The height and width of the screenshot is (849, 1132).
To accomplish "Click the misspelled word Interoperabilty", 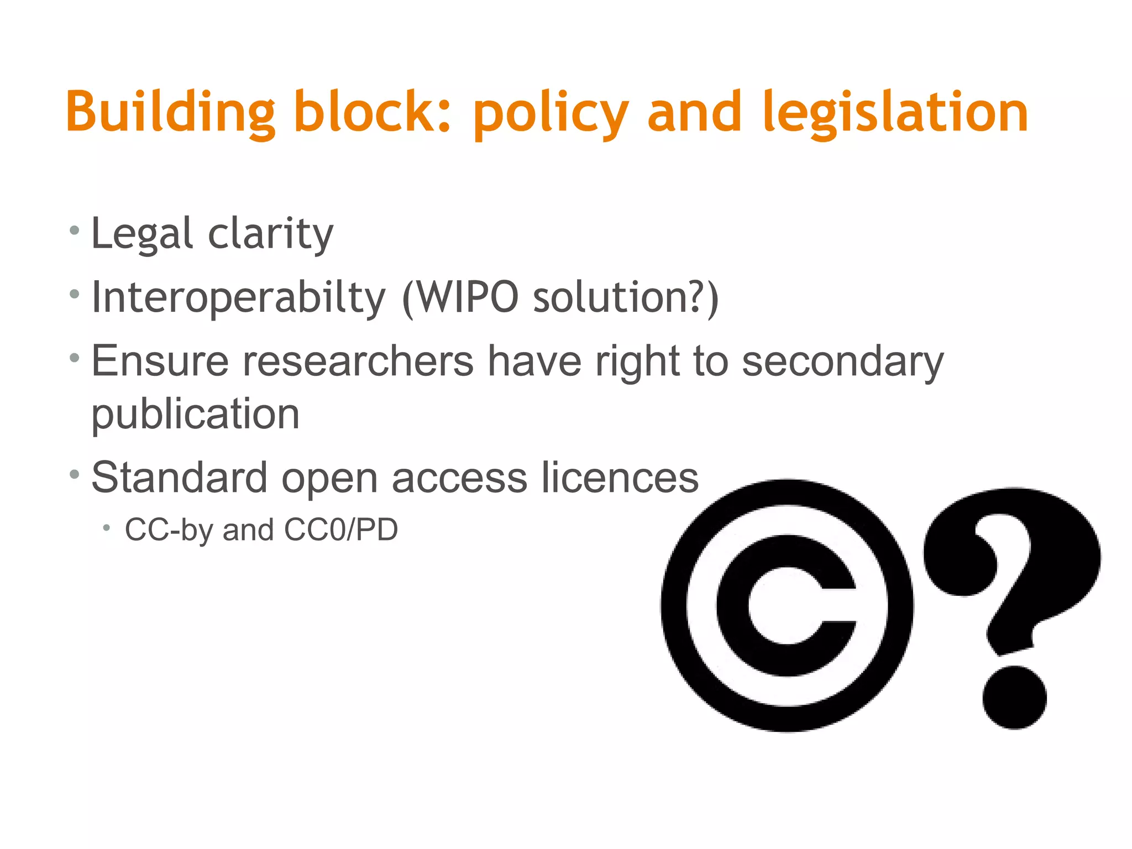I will coord(238,298).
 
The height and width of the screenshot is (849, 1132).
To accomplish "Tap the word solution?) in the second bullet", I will coord(625,298).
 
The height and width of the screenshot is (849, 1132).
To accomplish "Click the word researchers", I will coord(358,361).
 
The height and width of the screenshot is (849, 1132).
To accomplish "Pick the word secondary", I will coord(842,361).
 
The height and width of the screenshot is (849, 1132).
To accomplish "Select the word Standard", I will coord(179,478).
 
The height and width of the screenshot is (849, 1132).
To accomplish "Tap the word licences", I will coord(620,478).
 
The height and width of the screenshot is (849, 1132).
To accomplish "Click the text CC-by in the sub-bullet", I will coord(169,530).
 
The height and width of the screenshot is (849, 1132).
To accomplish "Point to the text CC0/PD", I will coord(340,530).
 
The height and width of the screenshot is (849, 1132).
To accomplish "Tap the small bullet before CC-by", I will coord(107,528).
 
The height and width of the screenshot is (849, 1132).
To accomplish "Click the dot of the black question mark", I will coord(1014,697).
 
